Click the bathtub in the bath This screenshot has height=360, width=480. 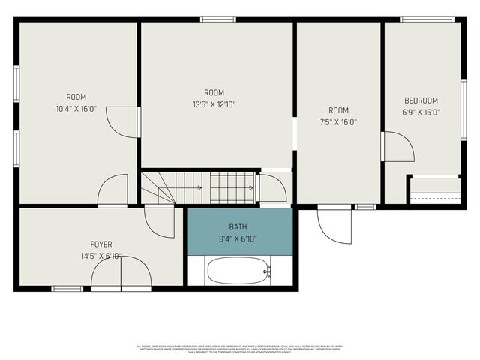pyautogui.click(x=238, y=270)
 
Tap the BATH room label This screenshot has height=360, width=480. pyautogui.click(x=238, y=227)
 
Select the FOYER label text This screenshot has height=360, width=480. pyautogui.click(x=101, y=244)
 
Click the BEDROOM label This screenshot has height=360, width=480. pyautogui.click(x=421, y=100)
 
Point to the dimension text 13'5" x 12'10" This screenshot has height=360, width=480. pyautogui.click(x=214, y=105)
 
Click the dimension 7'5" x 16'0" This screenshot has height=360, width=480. pyautogui.click(x=338, y=122)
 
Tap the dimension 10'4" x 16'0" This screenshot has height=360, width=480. pyautogui.click(x=76, y=108)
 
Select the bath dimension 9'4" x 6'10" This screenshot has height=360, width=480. pyautogui.click(x=238, y=239)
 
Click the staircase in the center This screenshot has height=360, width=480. pyautogui.click(x=199, y=187)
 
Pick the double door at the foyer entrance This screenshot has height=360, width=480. pyautogui.click(x=121, y=274)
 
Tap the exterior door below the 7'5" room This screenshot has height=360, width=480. pyautogui.click(x=333, y=221)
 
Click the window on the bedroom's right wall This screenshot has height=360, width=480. pyautogui.click(x=463, y=108)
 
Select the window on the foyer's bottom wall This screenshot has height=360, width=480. pyautogui.click(x=67, y=288)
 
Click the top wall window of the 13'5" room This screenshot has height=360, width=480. pyautogui.click(x=213, y=19)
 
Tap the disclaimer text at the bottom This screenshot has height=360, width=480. pyautogui.click(x=238, y=349)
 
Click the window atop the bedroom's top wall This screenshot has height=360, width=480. pyautogui.click(x=427, y=19)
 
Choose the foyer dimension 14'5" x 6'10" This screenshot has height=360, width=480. pyautogui.click(x=101, y=256)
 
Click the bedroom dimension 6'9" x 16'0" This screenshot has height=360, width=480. pyautogui.click(x=421, y=112)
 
